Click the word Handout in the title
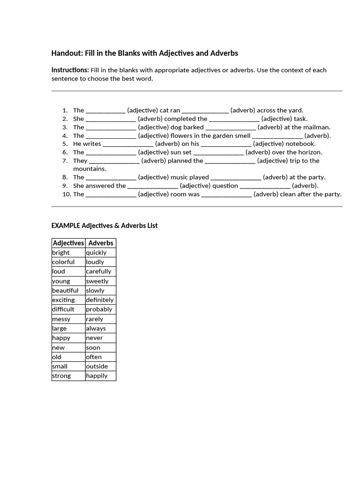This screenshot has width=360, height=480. click(x=67, y=53)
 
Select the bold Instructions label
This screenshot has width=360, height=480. click(x=69, y=70)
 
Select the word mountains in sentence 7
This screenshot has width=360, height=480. click(x=90, y=169)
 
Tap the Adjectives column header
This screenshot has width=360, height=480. click(x=68, y=243)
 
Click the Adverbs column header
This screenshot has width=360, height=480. click(x=101, y=243)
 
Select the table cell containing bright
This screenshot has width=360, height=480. click(x=68, y=253)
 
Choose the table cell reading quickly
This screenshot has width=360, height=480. click(x=100, y=253)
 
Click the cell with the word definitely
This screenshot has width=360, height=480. click(x=100, y=300)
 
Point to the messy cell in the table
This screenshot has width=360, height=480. click(x=68, y=319)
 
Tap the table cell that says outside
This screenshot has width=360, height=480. click(x=100, y=366)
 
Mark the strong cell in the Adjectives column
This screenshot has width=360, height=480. click(x=68, y=376)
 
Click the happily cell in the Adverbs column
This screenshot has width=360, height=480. click(x=100, y=376)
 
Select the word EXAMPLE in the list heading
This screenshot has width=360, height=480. click(x=66, y=225)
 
